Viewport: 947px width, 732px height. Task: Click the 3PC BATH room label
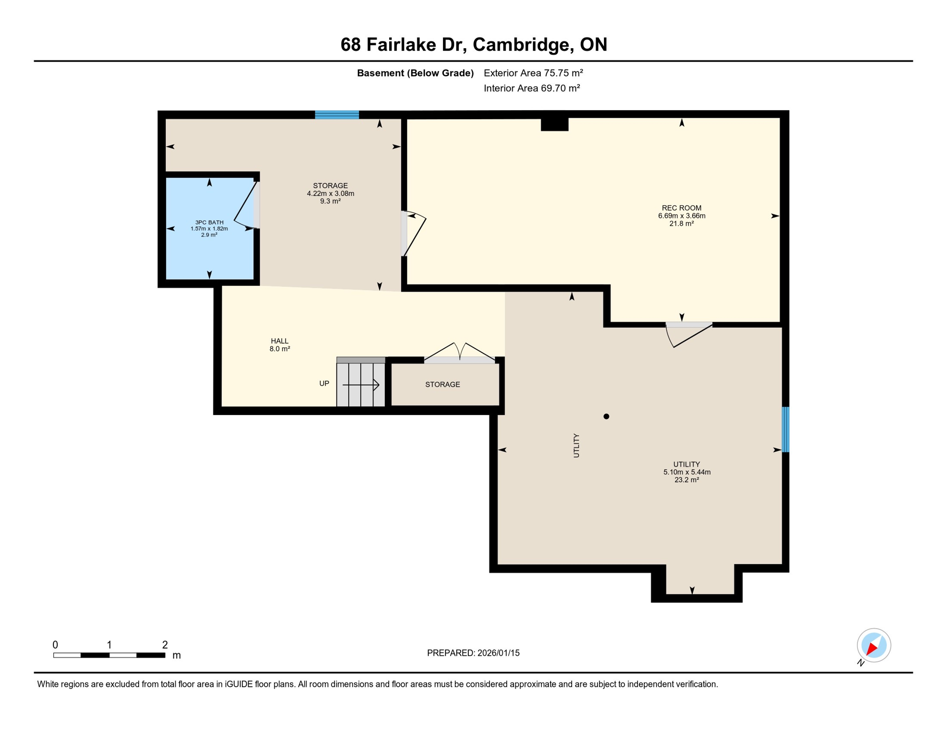coord(209,228)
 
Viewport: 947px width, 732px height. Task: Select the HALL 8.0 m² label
coord(280,345)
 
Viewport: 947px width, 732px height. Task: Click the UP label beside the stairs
coord(324,384)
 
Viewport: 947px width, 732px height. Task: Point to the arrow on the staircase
coord(361,385)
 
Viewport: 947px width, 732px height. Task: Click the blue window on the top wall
coord(337,114)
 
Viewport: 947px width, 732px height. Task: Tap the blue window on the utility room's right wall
coord(786,429)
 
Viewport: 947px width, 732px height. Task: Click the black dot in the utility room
coord(606,417)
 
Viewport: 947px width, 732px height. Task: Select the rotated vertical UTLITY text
coord(576,446)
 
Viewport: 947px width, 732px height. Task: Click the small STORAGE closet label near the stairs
coord(443,385)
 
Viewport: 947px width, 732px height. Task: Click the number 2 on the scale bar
coord(165,645)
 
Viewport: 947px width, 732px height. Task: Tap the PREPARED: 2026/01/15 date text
coord(473,653)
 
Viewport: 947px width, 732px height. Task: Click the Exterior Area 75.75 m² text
coord(533,73)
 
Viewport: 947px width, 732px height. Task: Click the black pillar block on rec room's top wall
coord(554,124)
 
